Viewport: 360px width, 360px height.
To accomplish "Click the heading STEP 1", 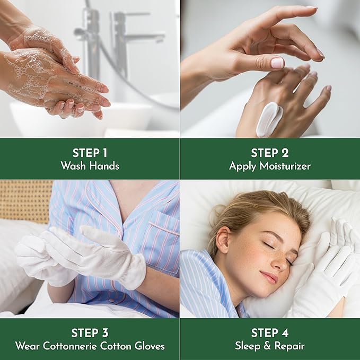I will point(90,153).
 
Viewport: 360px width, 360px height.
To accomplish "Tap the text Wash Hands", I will point(90,166).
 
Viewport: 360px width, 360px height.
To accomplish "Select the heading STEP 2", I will point(270,153).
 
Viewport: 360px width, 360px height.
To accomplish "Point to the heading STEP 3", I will point(90,333).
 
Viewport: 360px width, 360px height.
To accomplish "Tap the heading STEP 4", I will point(270,333).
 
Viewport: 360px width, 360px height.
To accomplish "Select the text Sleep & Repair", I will point(270,346).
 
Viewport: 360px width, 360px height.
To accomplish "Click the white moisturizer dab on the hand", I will point(268,118).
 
